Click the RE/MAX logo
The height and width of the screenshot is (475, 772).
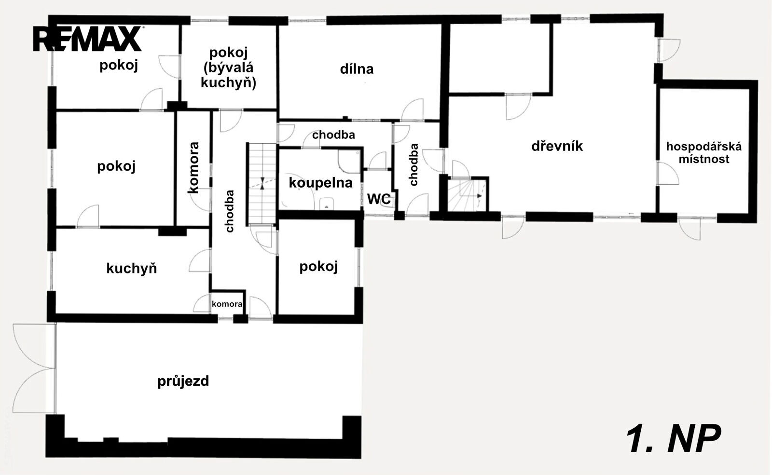point(88,39)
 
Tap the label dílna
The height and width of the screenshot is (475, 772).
point(357,69)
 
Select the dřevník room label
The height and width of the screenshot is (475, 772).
point(557,147)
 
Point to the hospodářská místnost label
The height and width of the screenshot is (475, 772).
point(704,153)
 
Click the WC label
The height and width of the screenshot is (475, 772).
point(379,199)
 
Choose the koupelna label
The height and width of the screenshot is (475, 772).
point(320,183)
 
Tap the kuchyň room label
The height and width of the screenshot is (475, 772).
point(131,268)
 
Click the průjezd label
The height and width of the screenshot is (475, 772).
point(183,381)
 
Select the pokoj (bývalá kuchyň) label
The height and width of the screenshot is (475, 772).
point(229,68)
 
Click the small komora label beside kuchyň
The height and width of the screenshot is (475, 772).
point(227,304)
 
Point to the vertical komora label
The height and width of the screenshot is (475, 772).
point(193,168)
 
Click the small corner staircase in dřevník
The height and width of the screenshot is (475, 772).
point(468,195)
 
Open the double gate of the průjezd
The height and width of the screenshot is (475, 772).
point(34,368)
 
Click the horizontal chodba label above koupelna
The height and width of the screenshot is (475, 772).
point(333,135)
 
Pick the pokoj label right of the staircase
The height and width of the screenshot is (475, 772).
point(318,267)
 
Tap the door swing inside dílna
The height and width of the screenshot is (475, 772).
point(413,109)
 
